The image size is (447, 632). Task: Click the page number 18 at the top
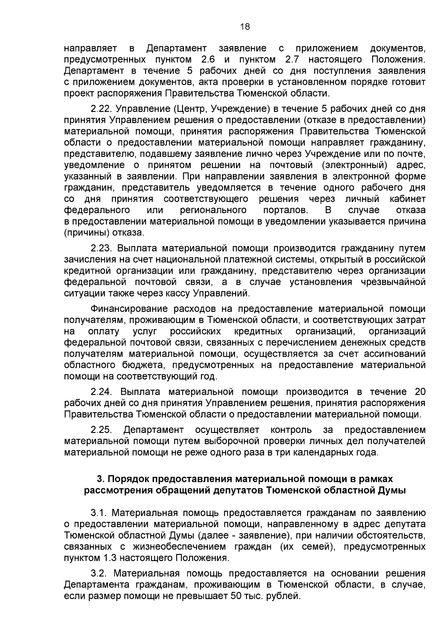[x=245, y=26]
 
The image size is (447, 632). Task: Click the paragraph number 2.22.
[x=101, y=109]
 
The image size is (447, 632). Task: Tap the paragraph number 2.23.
[x=101, y=248]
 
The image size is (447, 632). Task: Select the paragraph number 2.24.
[x=101, y=392]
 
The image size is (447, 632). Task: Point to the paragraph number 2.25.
[x=101, y=430]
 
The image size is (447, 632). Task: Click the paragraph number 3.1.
[x=99, y=513]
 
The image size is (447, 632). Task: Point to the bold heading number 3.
[x=99, y=479]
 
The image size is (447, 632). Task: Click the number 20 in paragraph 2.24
[x=419, y=392]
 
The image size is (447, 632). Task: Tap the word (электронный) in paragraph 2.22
[x=358, y=165]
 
